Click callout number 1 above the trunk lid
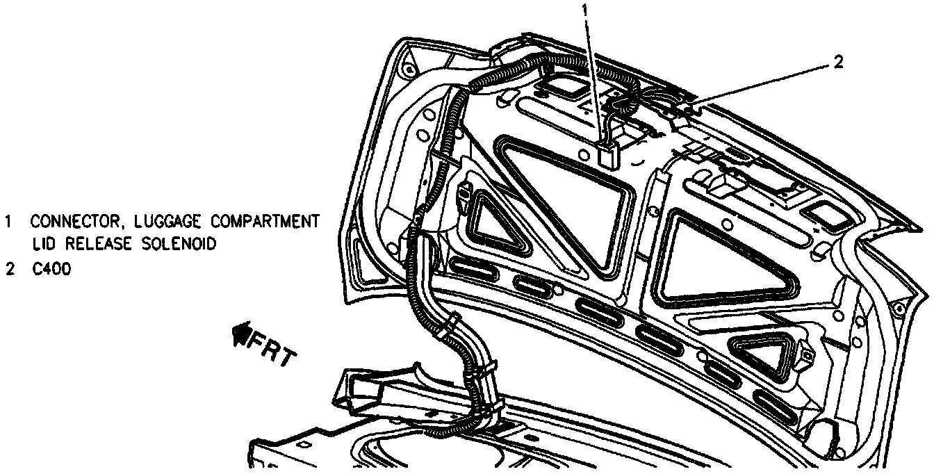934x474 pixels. [585, 10]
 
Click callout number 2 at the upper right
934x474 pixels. [837, 62]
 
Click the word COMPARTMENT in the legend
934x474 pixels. [265, 222]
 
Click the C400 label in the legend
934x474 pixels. [51, 270]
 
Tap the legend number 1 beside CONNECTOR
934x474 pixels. [9, 222]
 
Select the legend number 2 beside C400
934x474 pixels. [9, 270]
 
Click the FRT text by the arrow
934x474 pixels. [273, 350]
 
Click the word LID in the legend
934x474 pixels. [42, 244]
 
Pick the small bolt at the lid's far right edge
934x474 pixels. [899, 307]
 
